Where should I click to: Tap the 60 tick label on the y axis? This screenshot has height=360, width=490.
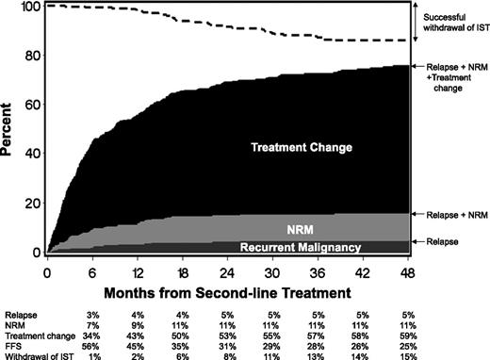click(x=34, y=106)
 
